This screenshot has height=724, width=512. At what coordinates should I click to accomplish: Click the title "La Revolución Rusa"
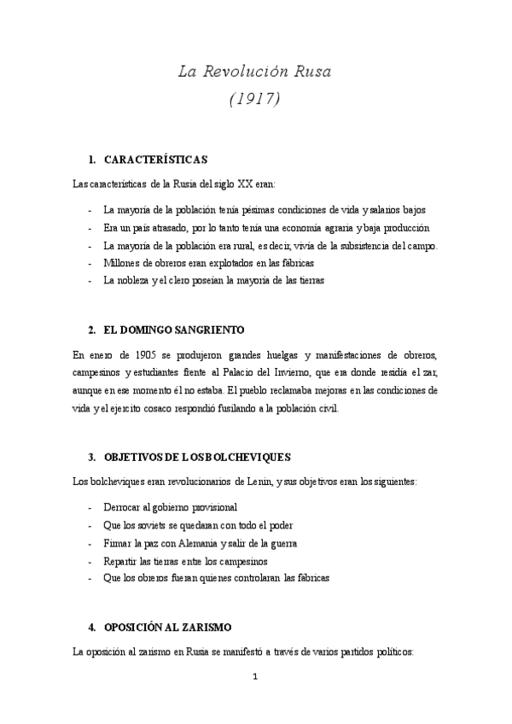pos(254,71)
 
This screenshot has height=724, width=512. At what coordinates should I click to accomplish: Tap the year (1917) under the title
pos(255,99)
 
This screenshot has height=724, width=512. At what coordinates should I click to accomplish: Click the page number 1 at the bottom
pos(254,679)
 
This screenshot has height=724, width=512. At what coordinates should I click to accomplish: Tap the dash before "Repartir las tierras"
pos(90,561)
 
